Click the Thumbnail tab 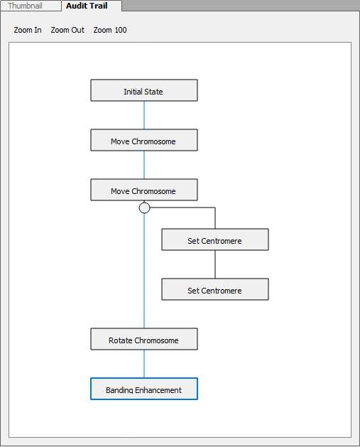[x=31, y=6]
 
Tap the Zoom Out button [x=67, y=30]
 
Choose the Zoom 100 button [x=110, y=30]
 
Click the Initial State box [x=144, y=90]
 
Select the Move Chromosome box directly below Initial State [x=144, y=140]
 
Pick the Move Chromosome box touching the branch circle [x=144, y=190]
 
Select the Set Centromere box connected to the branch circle [x=215, y=239]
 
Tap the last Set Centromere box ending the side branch [x=215, y=289]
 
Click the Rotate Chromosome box [x=144, y=339]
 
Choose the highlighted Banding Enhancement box [x=144, y=389]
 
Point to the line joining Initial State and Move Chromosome [x=144, y=115]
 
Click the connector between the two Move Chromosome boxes [x=144, y=165]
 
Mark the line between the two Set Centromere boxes [x=215, y=264]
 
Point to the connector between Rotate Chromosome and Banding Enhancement [x=144, y=364]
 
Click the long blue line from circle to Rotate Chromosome [x=144, y=271]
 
